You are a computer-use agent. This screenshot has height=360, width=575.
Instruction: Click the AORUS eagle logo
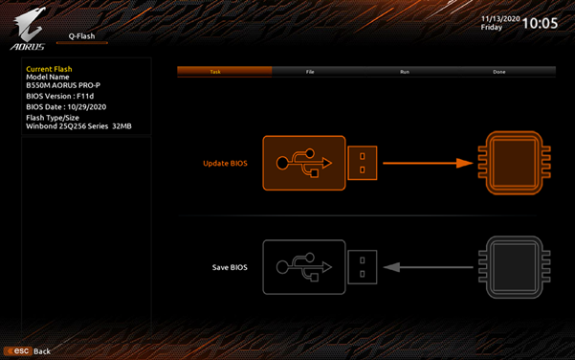click(28, 29)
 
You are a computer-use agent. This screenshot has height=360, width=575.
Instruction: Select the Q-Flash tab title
click(81, 36)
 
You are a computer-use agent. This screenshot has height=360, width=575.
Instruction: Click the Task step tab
click(215, 72)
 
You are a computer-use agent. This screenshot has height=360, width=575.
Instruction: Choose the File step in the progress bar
click(310, 72)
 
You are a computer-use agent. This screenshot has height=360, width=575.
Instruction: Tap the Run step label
click(405, 72)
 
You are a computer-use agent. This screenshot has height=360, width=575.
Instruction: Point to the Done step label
click(499, 72)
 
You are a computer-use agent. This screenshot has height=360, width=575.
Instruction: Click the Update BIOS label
click(225, 164)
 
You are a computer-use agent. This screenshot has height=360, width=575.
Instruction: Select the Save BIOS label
click(230, 267)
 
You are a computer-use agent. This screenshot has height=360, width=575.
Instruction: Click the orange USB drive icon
click(320, 163)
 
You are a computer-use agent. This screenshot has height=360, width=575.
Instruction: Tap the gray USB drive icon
click(320, 267)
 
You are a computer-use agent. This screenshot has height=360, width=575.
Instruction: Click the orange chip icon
click(515, 163)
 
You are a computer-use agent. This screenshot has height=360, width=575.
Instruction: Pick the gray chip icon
click(515, 267)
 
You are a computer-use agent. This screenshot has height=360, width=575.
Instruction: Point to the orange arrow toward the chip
click(428, 163)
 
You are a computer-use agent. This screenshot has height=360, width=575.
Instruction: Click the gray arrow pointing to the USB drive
click(428, 267)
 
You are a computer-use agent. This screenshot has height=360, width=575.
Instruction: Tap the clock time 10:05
click(540, 24)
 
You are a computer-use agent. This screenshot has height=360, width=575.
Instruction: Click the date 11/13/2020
click(500, 19)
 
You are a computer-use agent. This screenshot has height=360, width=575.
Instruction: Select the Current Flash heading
click(49, 69)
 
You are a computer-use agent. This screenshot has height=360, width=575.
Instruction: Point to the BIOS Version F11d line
click(59, 96)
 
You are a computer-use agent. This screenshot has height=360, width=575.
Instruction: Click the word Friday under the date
click(492, 27)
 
